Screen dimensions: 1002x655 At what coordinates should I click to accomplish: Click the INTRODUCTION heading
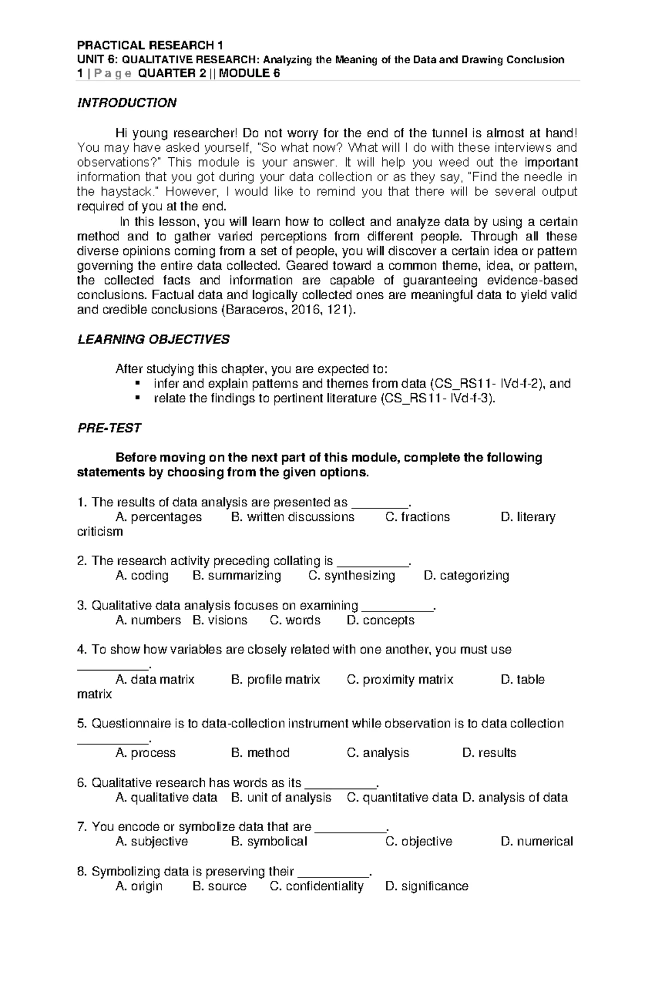point(127,103)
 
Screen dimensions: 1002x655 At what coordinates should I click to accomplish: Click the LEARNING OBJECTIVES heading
point(153,340)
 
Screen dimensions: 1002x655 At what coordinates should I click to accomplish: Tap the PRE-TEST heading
point(109,428)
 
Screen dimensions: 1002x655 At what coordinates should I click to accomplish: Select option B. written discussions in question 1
point(293,517)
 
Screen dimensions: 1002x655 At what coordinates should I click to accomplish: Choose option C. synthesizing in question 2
point(352,576)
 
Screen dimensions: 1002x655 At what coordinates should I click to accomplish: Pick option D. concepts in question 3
point(380,620)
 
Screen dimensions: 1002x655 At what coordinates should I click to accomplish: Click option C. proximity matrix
point(400,680)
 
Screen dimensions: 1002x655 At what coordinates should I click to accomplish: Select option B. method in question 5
point(260,753)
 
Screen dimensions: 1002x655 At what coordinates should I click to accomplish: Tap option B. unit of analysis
point(281,798)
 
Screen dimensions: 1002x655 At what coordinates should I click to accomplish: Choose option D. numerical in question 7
point(537,841)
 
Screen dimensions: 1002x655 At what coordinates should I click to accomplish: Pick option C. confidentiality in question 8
point(317,886)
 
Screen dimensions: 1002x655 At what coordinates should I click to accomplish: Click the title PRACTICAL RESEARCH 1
point(151,45)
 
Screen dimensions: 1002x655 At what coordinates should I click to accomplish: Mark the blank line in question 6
point(340,786)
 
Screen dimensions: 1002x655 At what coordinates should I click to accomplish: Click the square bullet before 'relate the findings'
point(137,398)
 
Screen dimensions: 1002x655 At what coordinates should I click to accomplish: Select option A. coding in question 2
point(142,576)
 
